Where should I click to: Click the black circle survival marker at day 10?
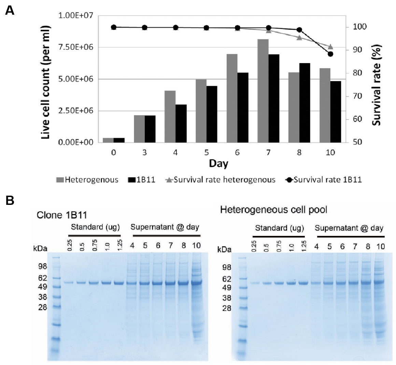point(330,54)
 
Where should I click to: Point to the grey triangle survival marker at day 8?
point(299,38)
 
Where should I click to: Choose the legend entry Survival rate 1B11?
point(324,180)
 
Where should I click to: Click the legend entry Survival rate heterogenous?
point(220,180)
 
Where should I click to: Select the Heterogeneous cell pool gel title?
point(273,210)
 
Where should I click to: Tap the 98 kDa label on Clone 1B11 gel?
point(42,266)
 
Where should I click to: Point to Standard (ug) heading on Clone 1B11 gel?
point(94,227)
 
